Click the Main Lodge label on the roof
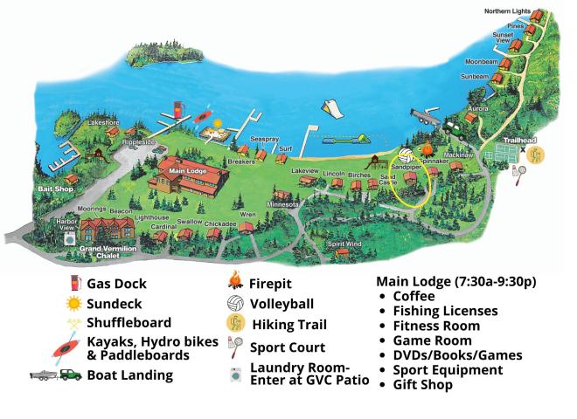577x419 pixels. click(x=187, y=171)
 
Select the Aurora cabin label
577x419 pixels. click(x=478, y=107)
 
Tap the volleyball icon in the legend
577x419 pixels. click(x=234, y=304)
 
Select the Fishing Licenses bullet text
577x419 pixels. click(x=445, y=311)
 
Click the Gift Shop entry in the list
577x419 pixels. click(x=424, y=384)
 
